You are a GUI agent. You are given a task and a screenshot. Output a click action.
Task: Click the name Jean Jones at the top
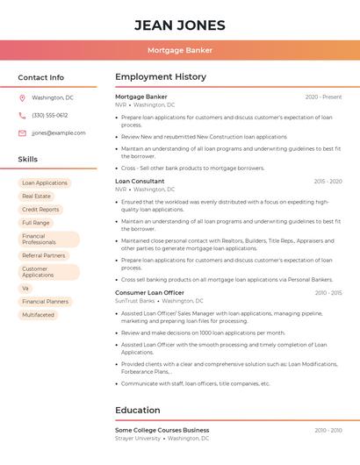click(x=179, y=25)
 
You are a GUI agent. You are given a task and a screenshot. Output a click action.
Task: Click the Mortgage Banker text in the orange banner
click(x=179, y=50)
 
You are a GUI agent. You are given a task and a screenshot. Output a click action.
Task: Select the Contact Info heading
click(x=40, y=77)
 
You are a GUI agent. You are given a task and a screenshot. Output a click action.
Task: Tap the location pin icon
click(x=22, y=98)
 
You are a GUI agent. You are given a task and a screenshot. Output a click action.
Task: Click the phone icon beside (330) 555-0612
click(x=22, y=116)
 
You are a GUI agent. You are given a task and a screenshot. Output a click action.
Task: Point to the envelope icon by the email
click(x=22, y=133)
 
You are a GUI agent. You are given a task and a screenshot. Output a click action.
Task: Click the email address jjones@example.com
click(x=59, y=133)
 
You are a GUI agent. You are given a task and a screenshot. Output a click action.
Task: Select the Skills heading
click(x=28, y=160)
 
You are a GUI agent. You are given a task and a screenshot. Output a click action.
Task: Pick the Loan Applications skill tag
click(x=45, y=183)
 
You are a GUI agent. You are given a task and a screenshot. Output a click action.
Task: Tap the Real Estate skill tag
click(x=37, y=197)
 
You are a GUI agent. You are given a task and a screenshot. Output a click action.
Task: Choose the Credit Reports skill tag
click(x=40, y=210)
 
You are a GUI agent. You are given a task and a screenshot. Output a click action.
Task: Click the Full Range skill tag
click(x=36, y=223)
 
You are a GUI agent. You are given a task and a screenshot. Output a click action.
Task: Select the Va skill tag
click(x=25, y=288)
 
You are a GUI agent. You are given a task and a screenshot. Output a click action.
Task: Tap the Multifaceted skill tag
click(x=39, y=314)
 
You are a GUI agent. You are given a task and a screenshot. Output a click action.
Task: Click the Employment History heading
click(x=160, y=77)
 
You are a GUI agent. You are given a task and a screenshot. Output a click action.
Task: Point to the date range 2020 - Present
click(x=323, y=97)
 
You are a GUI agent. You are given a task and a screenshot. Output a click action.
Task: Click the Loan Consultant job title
click(x=140, y=181)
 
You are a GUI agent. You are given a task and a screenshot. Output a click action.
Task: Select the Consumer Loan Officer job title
click(x=149, y=292)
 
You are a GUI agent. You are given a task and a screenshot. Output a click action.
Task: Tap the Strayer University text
click(x=138, y=438)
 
